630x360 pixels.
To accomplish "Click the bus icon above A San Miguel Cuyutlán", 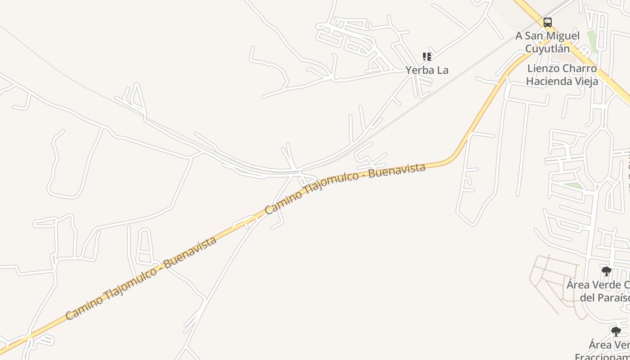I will [x=548, y=22].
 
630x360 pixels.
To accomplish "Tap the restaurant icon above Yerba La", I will [x=427, y=57].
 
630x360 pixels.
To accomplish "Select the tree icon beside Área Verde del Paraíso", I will [x=606, y=271].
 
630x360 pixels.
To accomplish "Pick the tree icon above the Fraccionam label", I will [x=616, y=332].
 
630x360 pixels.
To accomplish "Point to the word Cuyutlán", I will [x=548, y=49].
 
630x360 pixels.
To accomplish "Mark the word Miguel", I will [x=563, y=36].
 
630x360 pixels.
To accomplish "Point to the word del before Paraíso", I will [x=588, y=297].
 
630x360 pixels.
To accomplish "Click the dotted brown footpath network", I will [x=553, y=279].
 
